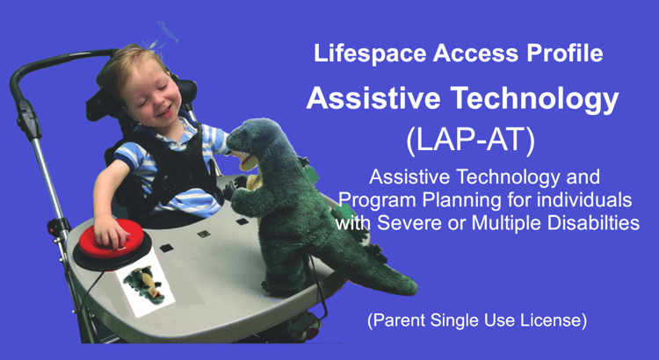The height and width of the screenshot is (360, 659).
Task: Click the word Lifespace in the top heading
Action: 370,54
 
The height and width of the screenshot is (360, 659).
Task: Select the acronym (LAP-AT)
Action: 470,140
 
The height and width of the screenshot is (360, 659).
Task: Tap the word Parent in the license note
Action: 396,320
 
